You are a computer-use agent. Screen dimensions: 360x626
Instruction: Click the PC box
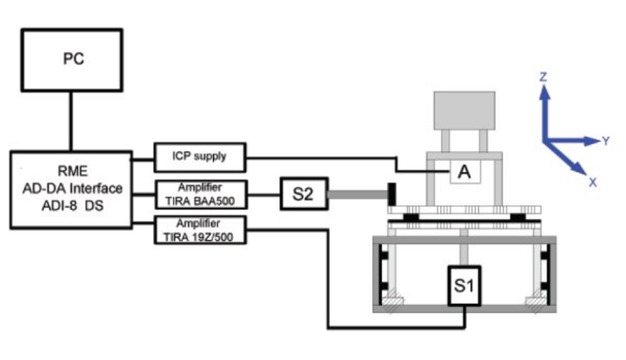[x=73, y=59]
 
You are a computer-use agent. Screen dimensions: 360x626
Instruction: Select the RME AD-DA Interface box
[x=71, y=189]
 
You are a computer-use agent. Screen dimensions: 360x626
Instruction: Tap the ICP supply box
[x=200, y=157]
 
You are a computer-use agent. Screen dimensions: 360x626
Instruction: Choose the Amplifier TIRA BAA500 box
[x=200, y=195]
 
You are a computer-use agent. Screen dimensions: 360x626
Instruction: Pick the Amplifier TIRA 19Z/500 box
[x=200, y=231]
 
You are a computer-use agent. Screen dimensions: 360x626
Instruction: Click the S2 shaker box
[x=303, y=194]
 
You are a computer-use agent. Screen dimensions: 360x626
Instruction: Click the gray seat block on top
[x=464, y=110]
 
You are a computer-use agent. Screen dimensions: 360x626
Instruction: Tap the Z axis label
[x=543, y=77]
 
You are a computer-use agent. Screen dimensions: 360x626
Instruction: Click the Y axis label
[x=605, y=141]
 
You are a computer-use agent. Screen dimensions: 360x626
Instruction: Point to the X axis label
[x=593, y=182]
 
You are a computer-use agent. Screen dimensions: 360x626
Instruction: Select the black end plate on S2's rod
[x=390, y=194]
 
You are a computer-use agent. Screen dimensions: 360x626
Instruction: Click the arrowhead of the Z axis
[x=545, y=92]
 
